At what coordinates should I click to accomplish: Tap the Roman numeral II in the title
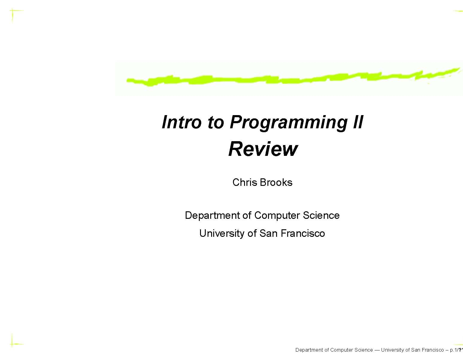click(356, 122)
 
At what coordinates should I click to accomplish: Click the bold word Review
click(263, 149)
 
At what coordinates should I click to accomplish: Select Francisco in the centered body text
click(303, 233)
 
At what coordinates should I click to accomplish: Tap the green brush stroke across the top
click(288, 79)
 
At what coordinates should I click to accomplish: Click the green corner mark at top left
click(13, 12)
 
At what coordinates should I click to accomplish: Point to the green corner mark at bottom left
click(13, 343)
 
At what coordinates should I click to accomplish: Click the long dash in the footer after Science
click(377, 350)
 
